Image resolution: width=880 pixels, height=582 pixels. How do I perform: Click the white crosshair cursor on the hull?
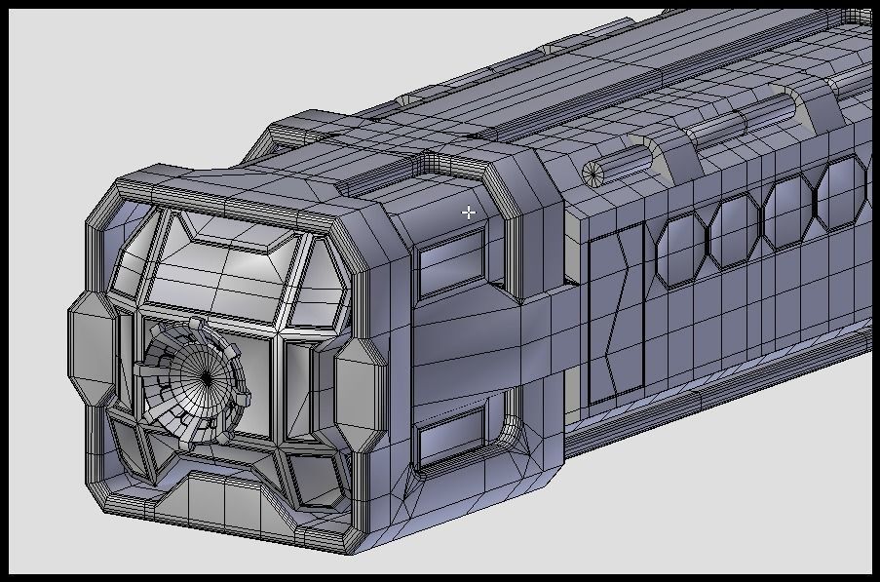pyautogui.click(x=469, y=212)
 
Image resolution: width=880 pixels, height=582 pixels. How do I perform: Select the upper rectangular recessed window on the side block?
pyautogui.click(x=450, y=265)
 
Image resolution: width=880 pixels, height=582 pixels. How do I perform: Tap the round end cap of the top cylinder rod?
pyautogui.click(x=593, y=173)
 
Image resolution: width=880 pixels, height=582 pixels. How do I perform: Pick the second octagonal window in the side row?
pyautogui.click(x=734, y=231)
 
